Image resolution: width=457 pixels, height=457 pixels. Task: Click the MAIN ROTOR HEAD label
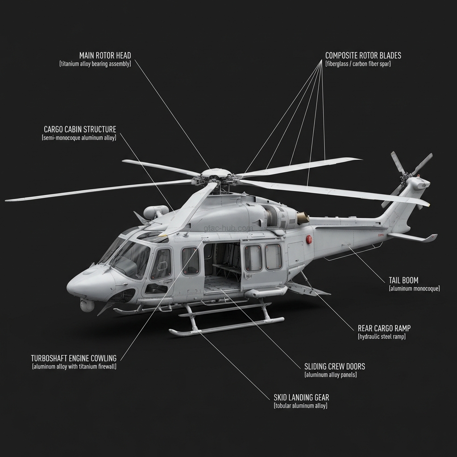(x=105, y=55)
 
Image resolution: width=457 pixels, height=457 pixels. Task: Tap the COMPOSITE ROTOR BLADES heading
(x=363, y=56)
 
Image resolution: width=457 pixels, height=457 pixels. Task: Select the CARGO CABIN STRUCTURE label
(x=80, y=129)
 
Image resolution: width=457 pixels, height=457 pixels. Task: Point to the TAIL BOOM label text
(x=403, y=280)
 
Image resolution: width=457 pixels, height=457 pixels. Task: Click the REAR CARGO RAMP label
(x=384, y=328)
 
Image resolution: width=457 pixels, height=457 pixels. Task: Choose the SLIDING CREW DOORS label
(x=334, y=366)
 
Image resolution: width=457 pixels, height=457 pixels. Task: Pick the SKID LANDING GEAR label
(x=301, y=397)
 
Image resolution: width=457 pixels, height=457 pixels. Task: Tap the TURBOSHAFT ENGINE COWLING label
(x=74, y=358)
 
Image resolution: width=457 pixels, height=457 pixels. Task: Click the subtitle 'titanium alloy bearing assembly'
(x=95, y=64)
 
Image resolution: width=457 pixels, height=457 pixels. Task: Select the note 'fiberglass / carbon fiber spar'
(x=358, y=64)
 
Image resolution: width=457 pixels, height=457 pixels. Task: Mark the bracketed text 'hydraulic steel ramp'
(x=382, y=337)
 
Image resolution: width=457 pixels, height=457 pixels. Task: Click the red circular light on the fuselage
(x=309, y=240)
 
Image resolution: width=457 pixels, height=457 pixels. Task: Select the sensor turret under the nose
(x=87, y=305)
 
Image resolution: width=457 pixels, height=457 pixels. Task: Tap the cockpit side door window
(x=161, y=264)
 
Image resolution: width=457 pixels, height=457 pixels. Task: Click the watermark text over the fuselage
(x=228, y=228)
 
